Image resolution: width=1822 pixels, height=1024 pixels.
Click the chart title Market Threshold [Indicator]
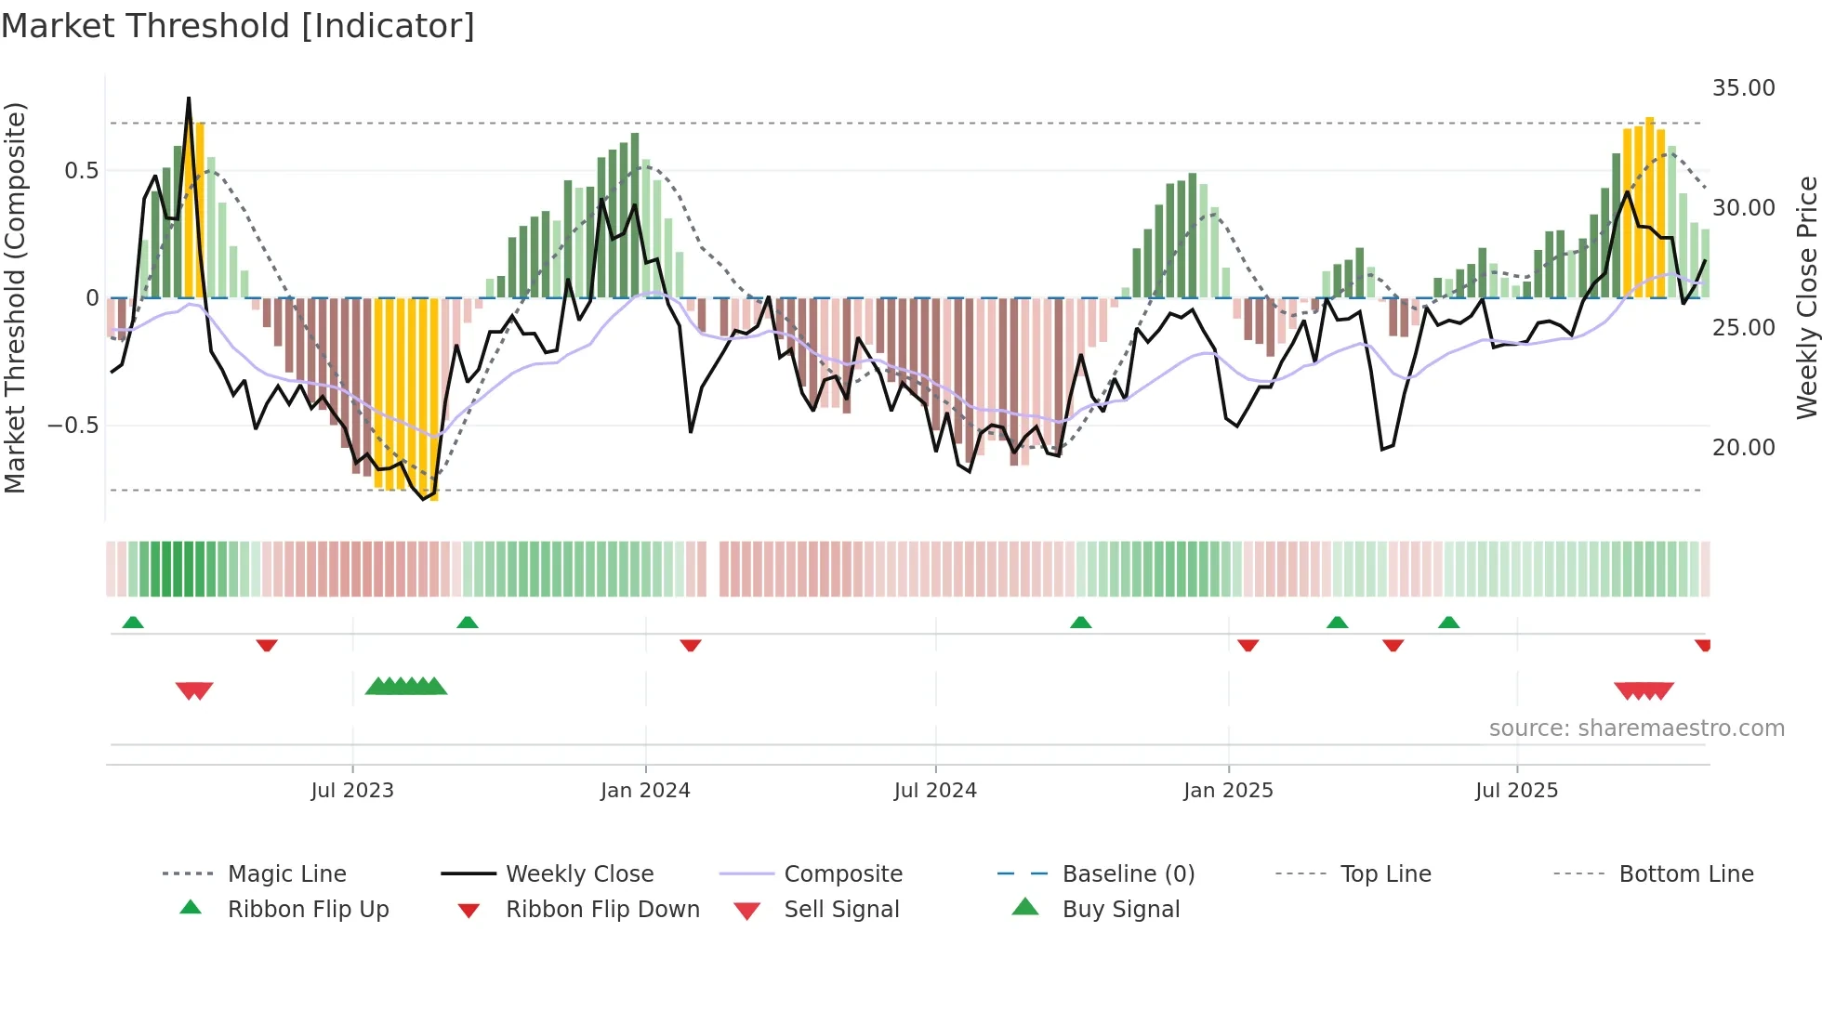pos(238,26)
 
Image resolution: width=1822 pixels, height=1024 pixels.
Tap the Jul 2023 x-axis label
pos(352,791)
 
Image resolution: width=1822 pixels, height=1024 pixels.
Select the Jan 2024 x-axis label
pos(645,791)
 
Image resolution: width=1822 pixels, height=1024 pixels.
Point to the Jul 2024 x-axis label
pos(935,791)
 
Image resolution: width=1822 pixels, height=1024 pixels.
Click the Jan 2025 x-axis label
pos(1228,791)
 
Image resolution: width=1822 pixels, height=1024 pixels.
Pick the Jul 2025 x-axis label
pos(1516,791)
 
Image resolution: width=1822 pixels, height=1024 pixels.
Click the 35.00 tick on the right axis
pos(1743,88)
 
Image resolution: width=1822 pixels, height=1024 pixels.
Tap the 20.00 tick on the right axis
pos(1743,448)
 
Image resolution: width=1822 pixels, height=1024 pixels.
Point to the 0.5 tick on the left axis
pos(81,171)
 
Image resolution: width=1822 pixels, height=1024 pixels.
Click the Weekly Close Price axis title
pos(1806,297)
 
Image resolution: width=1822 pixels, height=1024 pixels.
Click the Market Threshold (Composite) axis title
pos(15,297)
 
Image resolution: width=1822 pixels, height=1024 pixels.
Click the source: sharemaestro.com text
pos(1636,729)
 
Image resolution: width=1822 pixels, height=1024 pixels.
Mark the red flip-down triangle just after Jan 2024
pos(690,645)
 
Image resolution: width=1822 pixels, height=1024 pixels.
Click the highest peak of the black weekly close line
pos(189,98)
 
